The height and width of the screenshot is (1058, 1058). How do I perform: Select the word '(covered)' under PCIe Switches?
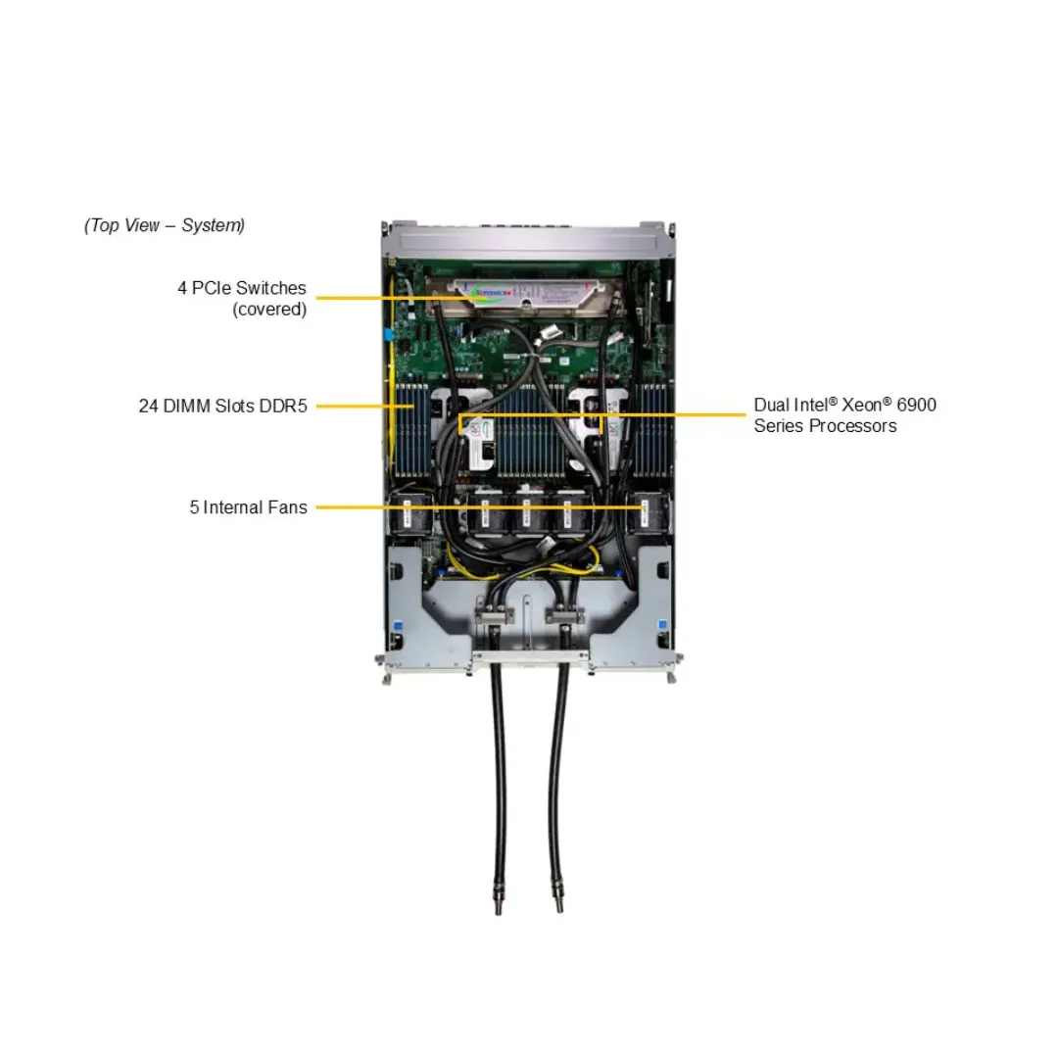click(x=269, y=309)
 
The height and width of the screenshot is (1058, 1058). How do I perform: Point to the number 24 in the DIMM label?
click(x=149, y=407)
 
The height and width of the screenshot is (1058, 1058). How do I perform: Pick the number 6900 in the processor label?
click(x=916, y=405)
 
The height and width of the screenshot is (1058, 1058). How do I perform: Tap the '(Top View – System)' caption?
click(x=164, y=225)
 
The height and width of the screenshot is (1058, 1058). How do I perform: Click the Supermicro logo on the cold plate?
click(x=489, y=293)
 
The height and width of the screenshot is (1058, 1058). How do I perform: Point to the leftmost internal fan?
click(x=410, y=514)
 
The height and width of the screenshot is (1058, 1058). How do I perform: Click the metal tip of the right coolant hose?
click(x=557, y=897)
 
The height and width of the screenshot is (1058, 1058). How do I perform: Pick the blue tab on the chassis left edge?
click(x=388, y=334)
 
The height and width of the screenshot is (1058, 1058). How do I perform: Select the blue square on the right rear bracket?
click(x=662, y=624)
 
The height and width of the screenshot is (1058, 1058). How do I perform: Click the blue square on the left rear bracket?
click(x=398, y=626)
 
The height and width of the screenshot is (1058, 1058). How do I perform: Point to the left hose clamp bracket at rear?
click(x=494, y=614)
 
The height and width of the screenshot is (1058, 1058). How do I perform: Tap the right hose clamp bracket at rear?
click(x=565, y=614)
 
